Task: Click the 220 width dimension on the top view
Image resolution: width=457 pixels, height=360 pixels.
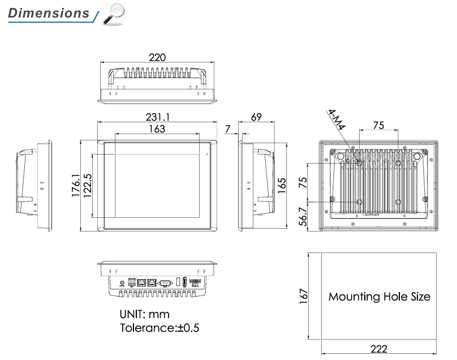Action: click(157, 57)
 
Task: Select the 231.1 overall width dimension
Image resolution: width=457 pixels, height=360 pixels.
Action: click(158, 117)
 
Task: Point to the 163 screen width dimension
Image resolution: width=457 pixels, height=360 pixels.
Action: click(157, 129)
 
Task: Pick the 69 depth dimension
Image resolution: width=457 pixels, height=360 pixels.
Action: click(256, 117)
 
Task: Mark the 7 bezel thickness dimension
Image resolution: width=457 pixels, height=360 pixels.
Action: click(227, 130)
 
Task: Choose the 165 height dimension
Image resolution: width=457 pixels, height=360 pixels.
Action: click(282, 185)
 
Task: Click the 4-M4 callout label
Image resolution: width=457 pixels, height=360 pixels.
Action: click(337, 121)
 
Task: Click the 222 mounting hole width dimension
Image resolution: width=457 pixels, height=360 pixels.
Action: click(379, 349)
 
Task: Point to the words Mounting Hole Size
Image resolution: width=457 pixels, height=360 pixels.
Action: click(379, 297)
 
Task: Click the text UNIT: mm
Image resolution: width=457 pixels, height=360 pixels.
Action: click(144, 314)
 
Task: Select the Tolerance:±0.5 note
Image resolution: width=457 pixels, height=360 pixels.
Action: click(159, 328)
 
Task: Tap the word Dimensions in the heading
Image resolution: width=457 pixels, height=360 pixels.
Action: click(49, 13)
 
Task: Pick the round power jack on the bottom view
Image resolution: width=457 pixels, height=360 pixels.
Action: click(122, 281)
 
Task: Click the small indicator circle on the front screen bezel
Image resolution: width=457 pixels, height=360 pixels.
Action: click(208, 153)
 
